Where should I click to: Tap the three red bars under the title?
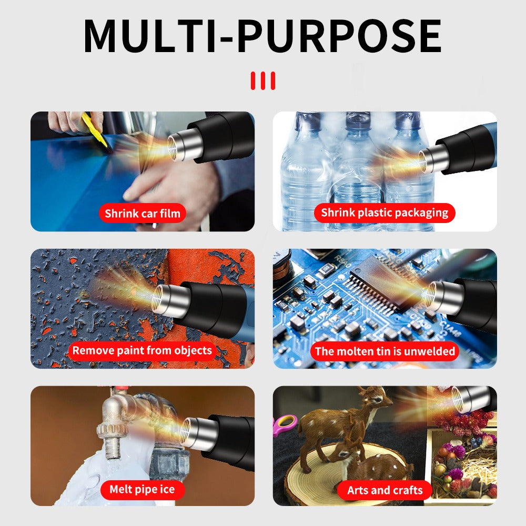[x=262, y=81]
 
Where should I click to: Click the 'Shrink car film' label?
[x=142, y=213]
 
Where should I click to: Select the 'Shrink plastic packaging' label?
[x=385, y=213]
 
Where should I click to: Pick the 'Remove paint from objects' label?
[x=142, y=350]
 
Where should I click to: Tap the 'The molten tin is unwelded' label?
[x=385, y=351]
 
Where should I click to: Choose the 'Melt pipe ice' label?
[x=142, y=490]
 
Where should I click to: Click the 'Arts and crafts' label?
[x=385, y=490]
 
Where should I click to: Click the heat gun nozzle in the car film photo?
[x=184, y=146]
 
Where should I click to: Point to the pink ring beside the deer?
[x=286, y=424]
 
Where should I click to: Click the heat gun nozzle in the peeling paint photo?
[x=169, y=300]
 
